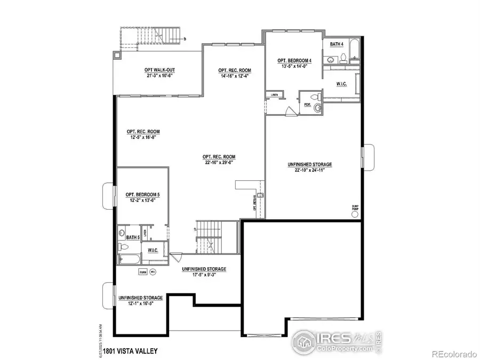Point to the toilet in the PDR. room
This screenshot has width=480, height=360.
click(x=318, y=98)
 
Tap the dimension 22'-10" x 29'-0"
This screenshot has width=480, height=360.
click(x=219, y=163)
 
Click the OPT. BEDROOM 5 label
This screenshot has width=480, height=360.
click(x=142, y=195)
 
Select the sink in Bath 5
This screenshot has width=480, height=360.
click(x=122, y=236)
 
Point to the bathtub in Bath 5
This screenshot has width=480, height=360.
click(x=127, y=260)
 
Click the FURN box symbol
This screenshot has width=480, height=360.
click(x=143, y=272)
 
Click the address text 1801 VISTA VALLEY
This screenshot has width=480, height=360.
click(x=131, y=350)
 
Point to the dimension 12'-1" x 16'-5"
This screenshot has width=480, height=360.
click(x=140, y=303)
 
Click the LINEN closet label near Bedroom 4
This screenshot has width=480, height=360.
click(x=275, y=95)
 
